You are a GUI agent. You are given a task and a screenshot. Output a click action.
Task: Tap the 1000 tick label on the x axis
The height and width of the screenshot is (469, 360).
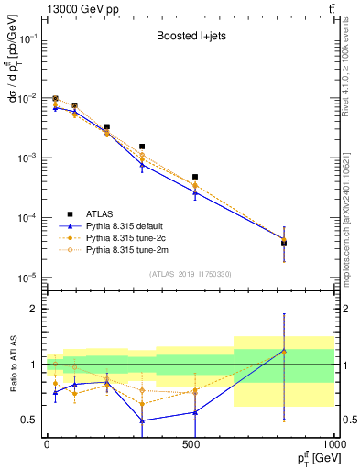(x=333, y=444)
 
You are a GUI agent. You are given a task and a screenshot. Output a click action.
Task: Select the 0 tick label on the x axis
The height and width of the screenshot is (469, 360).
(x=46, y=444)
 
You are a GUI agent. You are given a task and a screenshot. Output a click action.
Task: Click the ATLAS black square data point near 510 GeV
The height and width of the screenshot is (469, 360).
(x=194, y=177)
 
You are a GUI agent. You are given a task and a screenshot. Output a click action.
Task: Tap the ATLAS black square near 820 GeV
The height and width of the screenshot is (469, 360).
(x=284, y=243)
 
